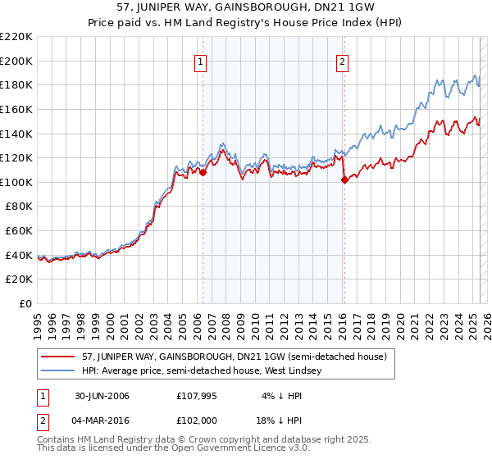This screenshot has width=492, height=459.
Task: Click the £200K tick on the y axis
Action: (17, 61)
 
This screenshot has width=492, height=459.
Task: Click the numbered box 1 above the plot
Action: (200, 60)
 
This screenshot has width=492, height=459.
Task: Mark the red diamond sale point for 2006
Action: (203, 172)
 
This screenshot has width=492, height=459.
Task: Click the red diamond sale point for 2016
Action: (344, 180)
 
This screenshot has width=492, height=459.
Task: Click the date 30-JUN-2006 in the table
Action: (102, 397)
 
